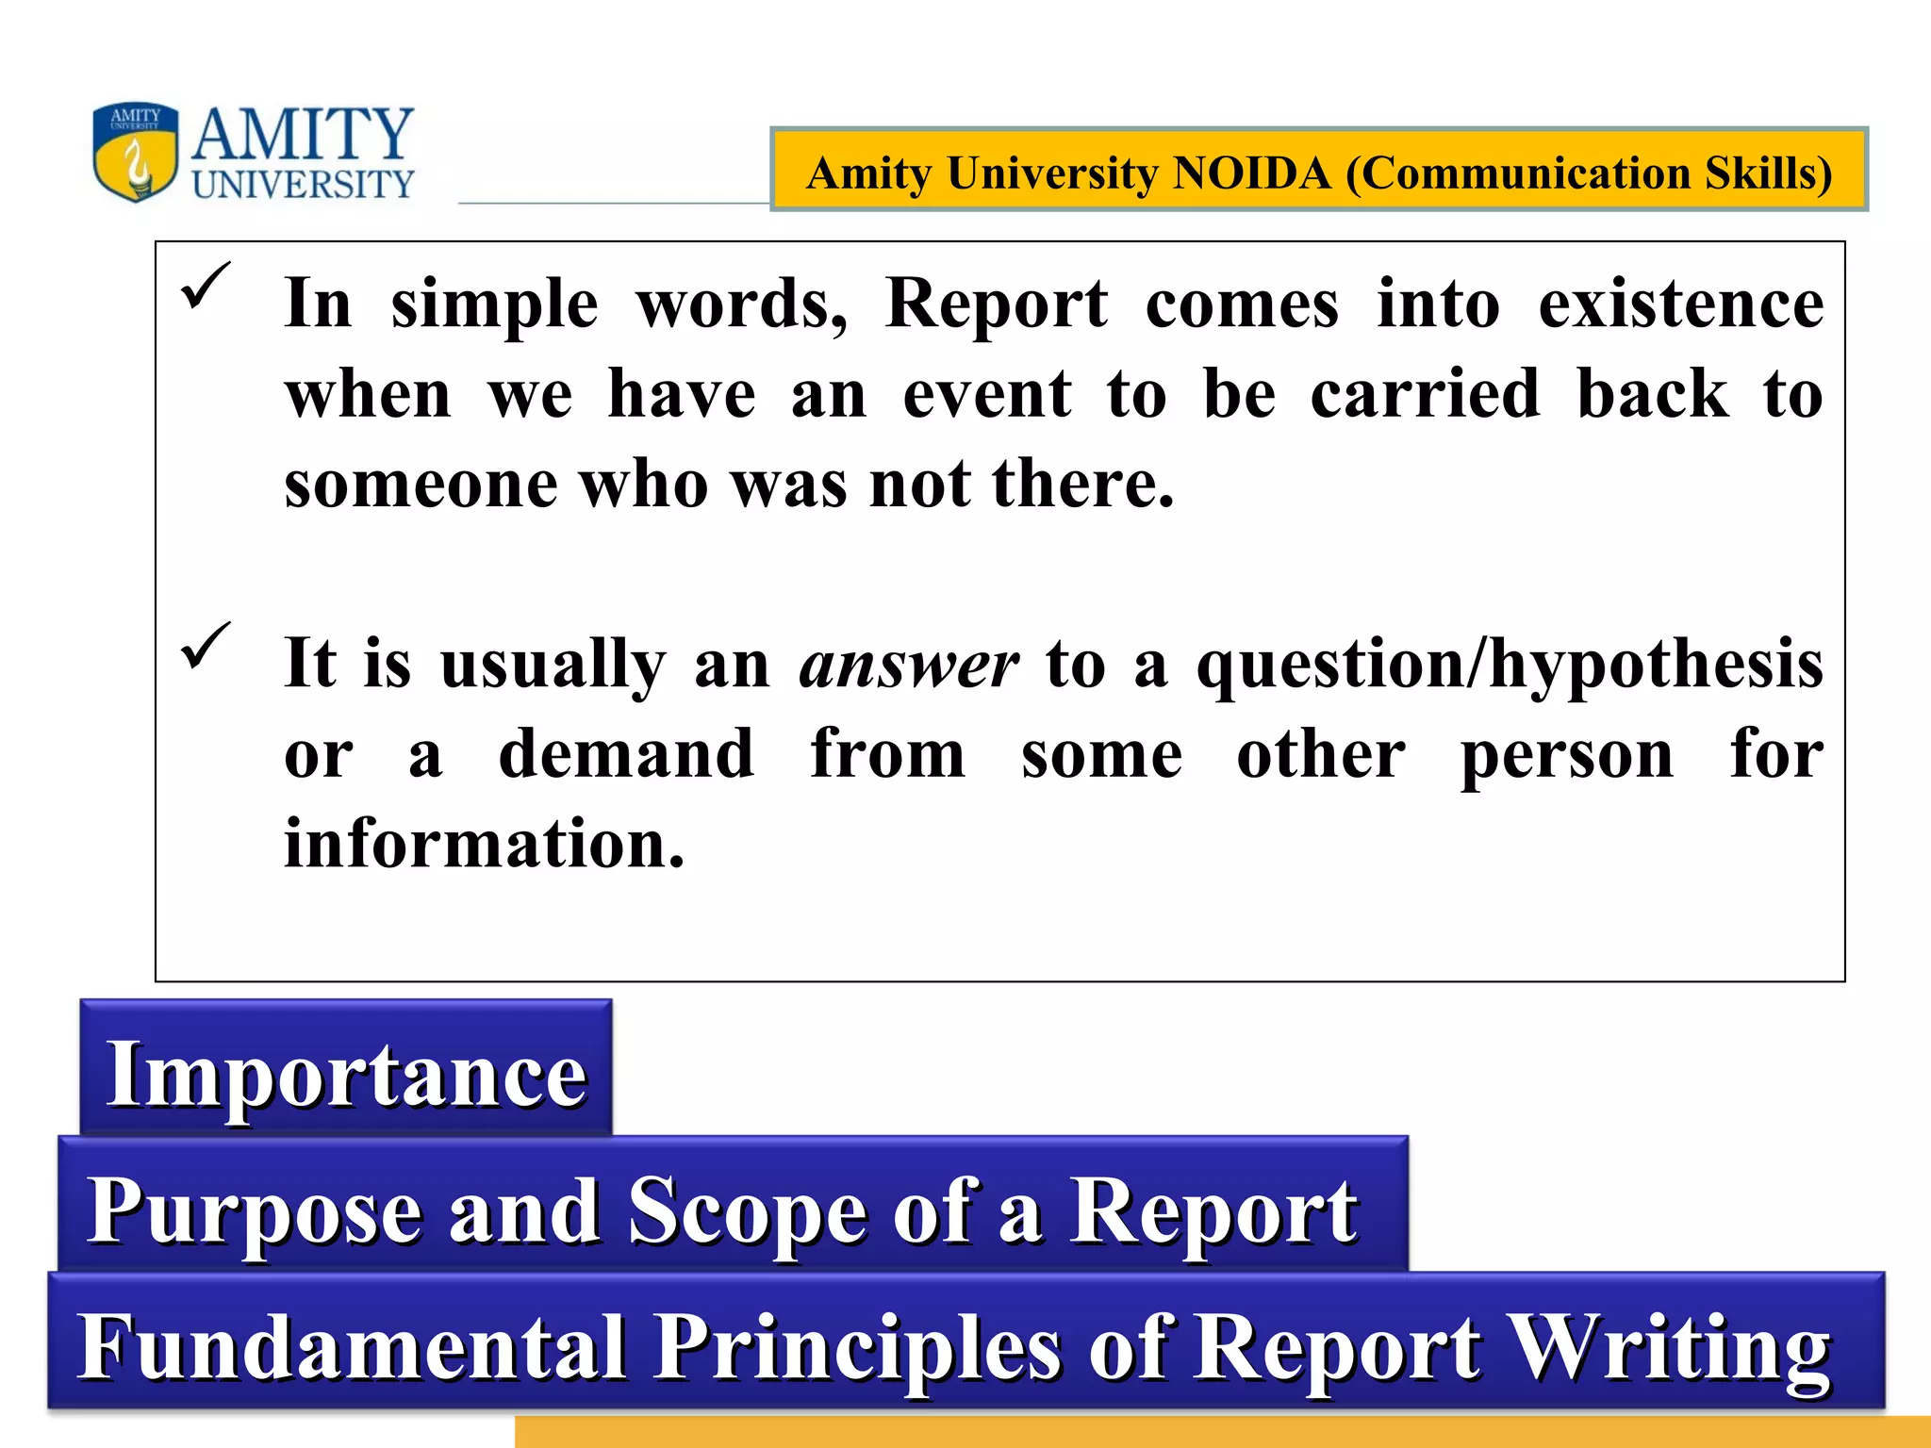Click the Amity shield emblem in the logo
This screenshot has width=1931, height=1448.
136,152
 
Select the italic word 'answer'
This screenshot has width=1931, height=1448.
909,665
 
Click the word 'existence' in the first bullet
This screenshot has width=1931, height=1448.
1681,304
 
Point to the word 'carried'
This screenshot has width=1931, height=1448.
1425,393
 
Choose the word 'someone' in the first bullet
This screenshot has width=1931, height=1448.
421,484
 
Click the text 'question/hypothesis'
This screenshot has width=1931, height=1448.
1510,665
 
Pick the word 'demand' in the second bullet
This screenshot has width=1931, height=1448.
626,754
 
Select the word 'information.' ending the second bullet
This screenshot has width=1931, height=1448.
485,844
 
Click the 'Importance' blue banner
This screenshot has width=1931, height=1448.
346,1074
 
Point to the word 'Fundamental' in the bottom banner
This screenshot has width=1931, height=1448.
351,1347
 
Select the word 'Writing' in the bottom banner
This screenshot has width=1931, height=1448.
1668,1347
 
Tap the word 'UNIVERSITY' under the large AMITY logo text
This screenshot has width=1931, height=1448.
303,184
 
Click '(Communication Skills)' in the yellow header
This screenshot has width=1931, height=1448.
1589,173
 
